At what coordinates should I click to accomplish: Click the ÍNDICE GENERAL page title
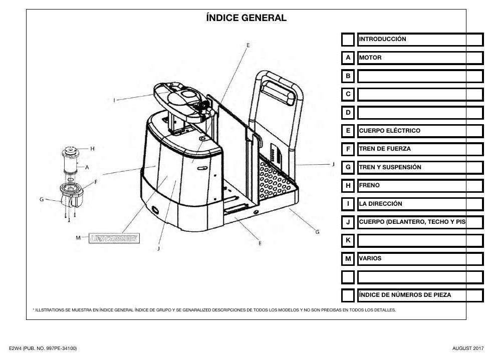pyautogui.click(x=246, y=18)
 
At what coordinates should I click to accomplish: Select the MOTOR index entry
pyautogui.click(x=370, y=58)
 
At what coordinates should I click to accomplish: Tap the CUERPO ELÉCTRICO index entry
pyautogui.click(x=390, y=131)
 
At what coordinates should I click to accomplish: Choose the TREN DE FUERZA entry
pyautogui.click(x=385, y=149)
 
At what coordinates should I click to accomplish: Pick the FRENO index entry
pyautogui.click(x=369, y=185)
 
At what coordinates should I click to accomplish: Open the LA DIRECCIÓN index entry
pyautogui.click(x=380, y=204)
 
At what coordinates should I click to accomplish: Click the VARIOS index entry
pyautogui.click(x=370, y=258)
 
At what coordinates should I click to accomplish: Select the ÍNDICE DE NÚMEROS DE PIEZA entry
pyautogui.click(x=405, y=295)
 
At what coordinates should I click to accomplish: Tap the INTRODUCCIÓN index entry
pyautogui.click(x=382, y=39)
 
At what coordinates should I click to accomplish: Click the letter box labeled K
pyautogui.click(x=348, y=241)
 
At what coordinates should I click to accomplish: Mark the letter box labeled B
pyautogui.click(x=348, y=76)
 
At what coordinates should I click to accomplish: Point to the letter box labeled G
pyautogui.click(x=348, y=167)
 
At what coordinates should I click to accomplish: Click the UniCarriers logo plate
pyautogui.click(x=114, y=238)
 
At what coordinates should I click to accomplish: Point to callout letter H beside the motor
pyautogui.click(x=92, y=149)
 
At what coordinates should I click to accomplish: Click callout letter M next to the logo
pyautogui.click(x=78, y=238)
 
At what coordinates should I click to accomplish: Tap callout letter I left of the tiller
pyautogui.click(x=114, y=100)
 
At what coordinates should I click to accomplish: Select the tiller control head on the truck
pyautogui.click(x=182, y=101)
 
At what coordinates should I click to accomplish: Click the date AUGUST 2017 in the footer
pyautogui.click(x=468, y=348)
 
